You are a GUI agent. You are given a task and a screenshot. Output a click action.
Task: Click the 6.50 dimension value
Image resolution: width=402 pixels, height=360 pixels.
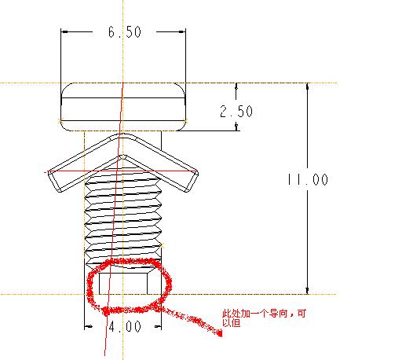(x=125, y=32)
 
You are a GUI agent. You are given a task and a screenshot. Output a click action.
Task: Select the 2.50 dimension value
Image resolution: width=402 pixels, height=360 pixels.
(x=236, y=111)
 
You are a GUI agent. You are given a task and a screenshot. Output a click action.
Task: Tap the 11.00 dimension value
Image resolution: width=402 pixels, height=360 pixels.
(x=308, y=179)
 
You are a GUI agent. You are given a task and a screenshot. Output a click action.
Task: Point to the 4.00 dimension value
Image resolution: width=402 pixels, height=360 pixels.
(x=125, y=327)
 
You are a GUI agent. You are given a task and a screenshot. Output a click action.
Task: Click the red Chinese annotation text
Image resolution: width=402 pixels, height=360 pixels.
(x=264, y=318)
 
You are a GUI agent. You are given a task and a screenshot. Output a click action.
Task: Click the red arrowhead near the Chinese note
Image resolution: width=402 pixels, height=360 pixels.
(x=218, y=333)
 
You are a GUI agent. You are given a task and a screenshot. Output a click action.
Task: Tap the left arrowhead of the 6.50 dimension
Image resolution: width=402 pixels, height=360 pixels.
(x=64, y=31)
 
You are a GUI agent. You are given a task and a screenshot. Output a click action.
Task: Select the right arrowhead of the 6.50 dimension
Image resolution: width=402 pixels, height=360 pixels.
(x=182, y=31)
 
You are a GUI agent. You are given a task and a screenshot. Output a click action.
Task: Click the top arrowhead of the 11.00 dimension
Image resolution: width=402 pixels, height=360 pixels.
(x=308, y=86)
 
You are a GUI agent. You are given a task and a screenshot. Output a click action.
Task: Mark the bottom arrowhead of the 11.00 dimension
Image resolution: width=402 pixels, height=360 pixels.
(x=308, y=291)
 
